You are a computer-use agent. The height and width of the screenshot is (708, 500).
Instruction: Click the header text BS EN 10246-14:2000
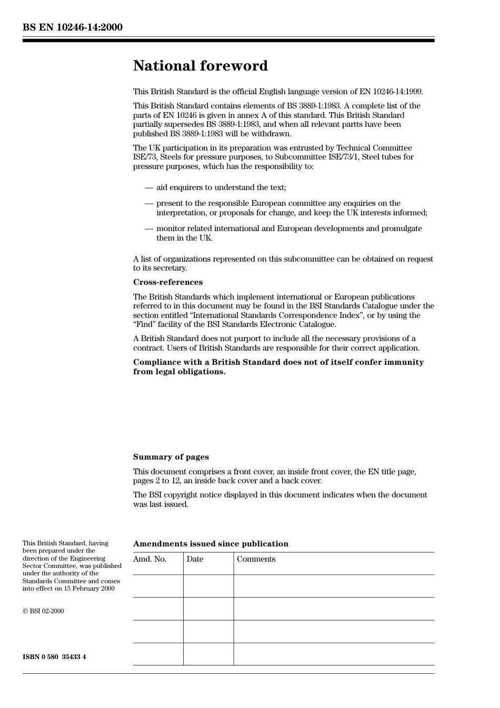point(73,27)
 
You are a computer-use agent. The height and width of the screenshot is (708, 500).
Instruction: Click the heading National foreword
point(200,66)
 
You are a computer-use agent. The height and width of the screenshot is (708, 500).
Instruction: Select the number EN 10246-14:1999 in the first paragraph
point(391,92)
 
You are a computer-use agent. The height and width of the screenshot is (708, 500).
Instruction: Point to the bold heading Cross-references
point(167,282)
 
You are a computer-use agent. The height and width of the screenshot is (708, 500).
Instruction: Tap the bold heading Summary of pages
point(171,457)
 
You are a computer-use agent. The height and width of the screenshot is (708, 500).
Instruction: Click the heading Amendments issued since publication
point(211,544)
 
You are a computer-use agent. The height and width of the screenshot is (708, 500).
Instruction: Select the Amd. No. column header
point(149,559)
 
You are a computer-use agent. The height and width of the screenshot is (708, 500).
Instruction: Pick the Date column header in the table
point(195,559)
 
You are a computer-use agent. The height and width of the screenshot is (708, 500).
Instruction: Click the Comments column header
point(256,559)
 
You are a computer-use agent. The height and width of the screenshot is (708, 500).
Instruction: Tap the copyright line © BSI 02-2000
point(43,611)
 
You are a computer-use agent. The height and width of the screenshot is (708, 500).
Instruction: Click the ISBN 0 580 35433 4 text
point(54,657)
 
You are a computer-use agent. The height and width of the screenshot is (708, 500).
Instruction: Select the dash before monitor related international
point(148,229)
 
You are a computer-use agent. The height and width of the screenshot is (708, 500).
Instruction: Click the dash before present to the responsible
point(148,204)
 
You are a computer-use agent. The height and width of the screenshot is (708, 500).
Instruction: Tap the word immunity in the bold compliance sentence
point(404,362)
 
